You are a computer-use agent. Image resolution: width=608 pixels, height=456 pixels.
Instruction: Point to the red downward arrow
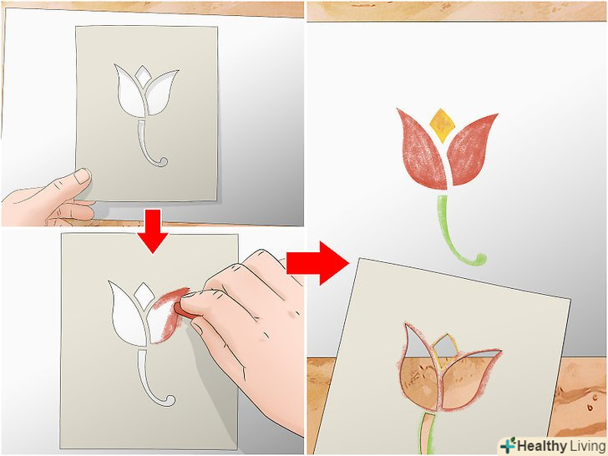click(152, 231)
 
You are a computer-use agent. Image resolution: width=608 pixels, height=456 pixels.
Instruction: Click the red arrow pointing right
click(317, 263)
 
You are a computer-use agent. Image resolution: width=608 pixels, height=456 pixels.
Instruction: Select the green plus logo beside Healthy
click(508, 445)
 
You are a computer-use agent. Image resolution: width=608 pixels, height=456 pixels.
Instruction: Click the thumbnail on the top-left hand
click(82, 176)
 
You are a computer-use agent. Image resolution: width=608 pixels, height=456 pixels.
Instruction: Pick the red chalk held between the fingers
click(181, 310)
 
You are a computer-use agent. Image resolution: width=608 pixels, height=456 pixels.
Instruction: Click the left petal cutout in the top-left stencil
click(130, 93)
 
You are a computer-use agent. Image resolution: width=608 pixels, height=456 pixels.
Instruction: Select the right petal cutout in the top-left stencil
click(161, 94)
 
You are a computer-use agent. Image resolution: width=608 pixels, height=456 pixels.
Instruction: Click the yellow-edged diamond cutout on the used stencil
click(445, 349)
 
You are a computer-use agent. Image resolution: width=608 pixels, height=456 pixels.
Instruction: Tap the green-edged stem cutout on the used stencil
click(427, 433)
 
